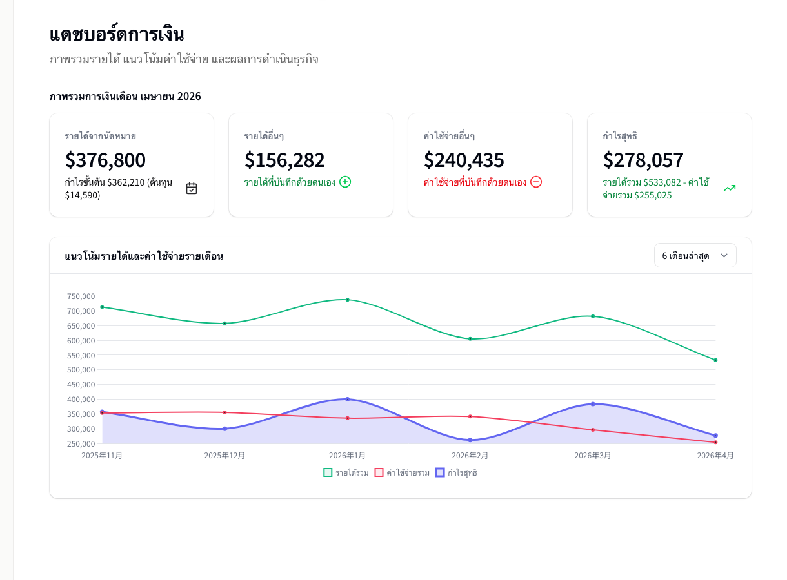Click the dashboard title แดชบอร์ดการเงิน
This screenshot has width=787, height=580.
117,34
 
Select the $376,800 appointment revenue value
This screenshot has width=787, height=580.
105,160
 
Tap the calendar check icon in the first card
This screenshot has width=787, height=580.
192,188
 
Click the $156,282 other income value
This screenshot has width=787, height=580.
284,160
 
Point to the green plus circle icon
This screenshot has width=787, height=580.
345,182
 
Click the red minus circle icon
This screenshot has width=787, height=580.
536,182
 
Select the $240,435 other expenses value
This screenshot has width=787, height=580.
464,160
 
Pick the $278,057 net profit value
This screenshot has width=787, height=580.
643,160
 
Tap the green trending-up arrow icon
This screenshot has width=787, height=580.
730,188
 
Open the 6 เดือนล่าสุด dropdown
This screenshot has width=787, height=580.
695,256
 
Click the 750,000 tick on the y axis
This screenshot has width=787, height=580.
81,296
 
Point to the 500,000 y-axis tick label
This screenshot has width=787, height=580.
81,370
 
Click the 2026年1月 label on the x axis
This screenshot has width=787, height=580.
347,456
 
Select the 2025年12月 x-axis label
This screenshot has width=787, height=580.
224,456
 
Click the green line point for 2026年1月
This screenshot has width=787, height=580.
348,300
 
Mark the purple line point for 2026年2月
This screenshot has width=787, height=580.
470,440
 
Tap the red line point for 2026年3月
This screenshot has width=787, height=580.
593,430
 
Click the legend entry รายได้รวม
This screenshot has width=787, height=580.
346,473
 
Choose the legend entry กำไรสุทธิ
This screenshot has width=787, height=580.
457,473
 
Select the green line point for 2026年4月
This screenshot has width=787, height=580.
715,360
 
